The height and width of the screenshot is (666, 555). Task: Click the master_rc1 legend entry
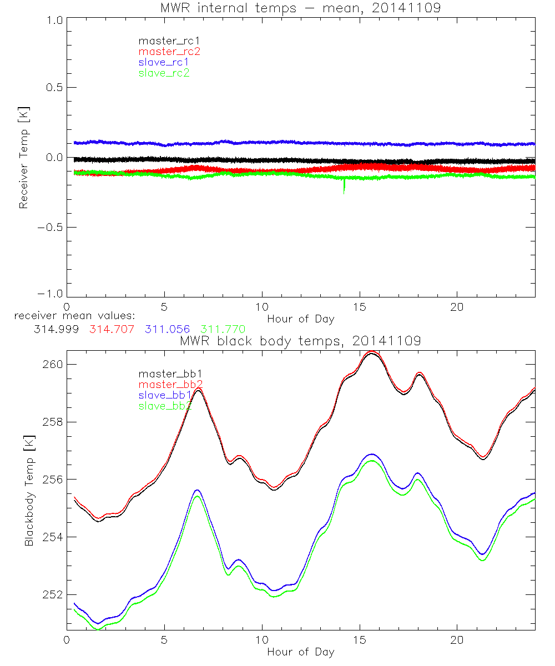pos(164,41)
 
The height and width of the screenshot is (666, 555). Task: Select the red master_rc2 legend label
pos(169,52)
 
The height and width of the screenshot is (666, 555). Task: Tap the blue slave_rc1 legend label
pos(164,62)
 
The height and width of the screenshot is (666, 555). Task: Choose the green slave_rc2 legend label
pos(164,73)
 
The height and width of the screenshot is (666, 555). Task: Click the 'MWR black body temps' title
pos(300,341)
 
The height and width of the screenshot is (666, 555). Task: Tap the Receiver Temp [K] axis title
pos(23,157)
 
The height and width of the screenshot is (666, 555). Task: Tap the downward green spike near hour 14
pos(344,186)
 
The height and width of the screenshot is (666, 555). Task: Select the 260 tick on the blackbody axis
pos(52,364)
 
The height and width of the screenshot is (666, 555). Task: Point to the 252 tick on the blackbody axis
pos(52,595)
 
